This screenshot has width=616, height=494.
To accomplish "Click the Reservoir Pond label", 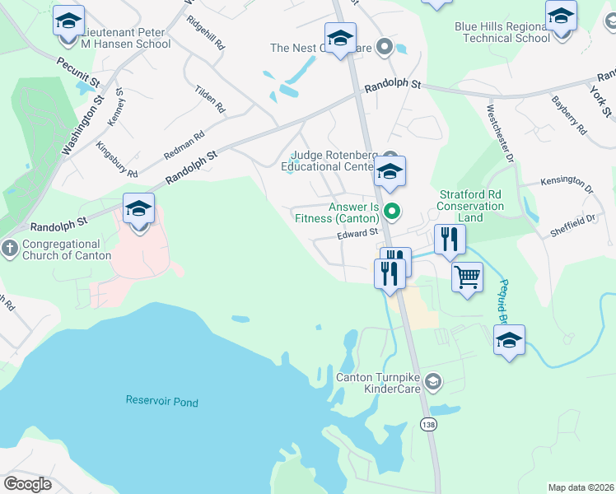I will pos(161,402).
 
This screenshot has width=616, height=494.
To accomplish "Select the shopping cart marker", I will pos(467,277).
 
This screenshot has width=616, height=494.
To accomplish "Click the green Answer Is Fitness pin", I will pos(393,212).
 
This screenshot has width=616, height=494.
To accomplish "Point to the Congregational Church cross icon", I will pos(9,249).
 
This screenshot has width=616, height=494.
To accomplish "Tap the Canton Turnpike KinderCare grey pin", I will pos(434,381).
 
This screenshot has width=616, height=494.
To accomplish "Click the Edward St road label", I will pos(357,235).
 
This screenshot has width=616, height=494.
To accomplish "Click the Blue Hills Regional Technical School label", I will pos(502,32).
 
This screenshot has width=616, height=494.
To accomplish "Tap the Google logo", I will pos(27,483).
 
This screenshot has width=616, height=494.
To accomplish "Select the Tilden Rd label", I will pos(210,98).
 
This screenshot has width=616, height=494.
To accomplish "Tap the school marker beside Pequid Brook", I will pos(509,339).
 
